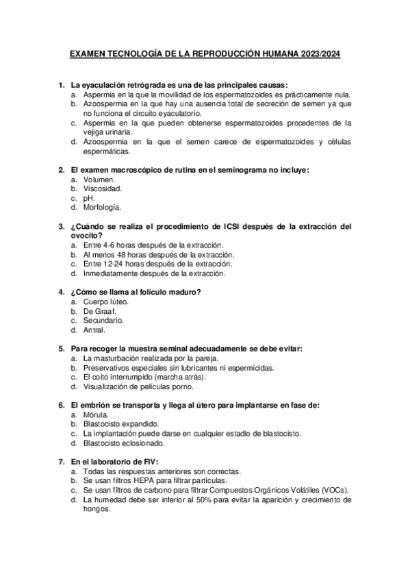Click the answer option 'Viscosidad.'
103,188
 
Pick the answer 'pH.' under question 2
89,198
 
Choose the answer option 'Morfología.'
102,207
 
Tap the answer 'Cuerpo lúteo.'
105,301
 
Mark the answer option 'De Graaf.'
99,310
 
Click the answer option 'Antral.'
94,330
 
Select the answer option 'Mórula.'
95,415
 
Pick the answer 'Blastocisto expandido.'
120,424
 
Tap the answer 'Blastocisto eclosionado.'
125,443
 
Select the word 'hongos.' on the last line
97,510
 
